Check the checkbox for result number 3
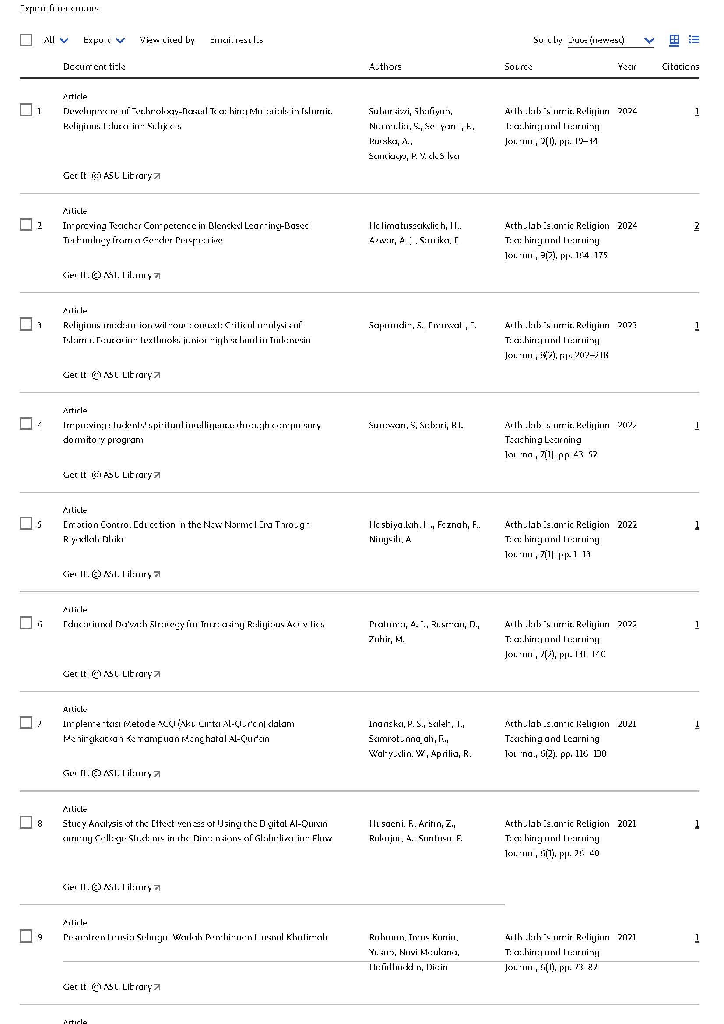(x=26, y=324)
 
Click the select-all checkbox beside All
(x=26, y=40)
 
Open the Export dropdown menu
(x=104, y=40)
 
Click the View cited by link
(x=167, y=40)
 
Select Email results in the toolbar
(x=236, y=40)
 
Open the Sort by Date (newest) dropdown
(x=610, y=40)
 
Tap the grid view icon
(x=674, y=40)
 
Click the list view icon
(x=694, y=40)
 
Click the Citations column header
(x=680, y=67)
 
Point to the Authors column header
(x=385, y=67)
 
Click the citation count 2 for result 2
(x=697, y=225)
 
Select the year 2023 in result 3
(x=627, y=326)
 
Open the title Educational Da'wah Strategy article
(x=194, y=624)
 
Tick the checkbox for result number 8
(x=26, y=823)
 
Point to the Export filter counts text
(x=59, y=8)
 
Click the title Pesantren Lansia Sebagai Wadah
(x=195, y=937)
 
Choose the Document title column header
(x=94, y=67)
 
